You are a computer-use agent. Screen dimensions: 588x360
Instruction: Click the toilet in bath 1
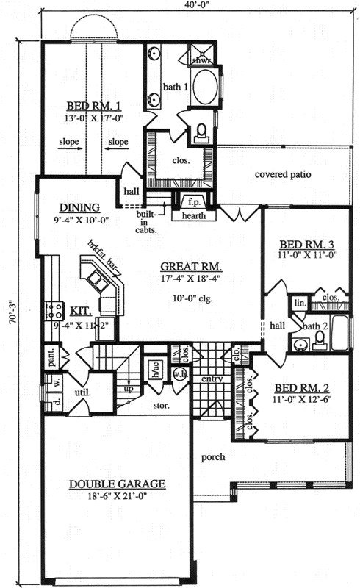click(x=202, y=132)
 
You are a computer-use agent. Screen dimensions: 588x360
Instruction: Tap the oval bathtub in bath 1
click(x=204, y=87)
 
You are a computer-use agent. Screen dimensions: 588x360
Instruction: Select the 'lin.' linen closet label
click(x=300, y=302)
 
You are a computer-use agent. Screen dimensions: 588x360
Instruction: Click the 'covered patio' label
click(x=284, y=175)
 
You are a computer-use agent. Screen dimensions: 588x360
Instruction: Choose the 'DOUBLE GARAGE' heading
click(x=118, y=484)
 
